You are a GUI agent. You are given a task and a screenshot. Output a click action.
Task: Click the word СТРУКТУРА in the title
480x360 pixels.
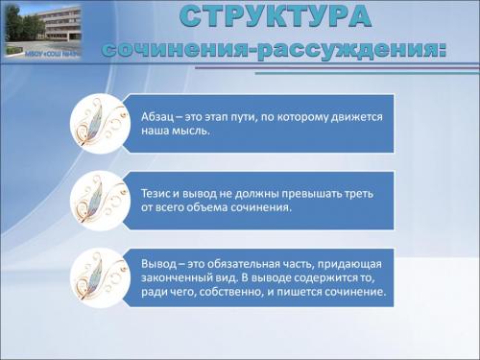pos(274,17)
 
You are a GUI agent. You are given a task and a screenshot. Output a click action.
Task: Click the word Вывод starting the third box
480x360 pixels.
pos(159,263)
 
